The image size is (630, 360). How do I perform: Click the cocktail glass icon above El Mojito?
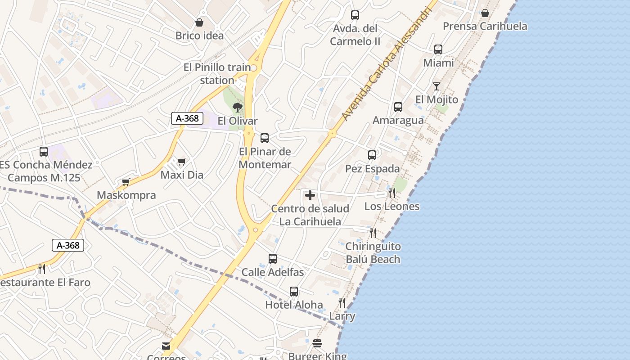436,86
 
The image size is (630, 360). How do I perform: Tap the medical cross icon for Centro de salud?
310,195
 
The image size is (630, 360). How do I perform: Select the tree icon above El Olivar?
237,108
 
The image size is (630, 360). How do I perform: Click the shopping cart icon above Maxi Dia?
181,162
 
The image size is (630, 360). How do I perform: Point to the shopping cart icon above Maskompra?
126,182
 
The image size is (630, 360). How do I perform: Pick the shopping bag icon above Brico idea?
199,22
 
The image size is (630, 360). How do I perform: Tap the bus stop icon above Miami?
438,49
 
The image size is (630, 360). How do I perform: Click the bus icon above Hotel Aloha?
294,292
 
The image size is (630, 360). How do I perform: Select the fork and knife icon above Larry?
342,302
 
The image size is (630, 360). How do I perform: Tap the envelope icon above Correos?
166,346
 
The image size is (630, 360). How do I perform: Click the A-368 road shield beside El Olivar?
187,118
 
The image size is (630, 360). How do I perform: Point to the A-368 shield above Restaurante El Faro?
68,245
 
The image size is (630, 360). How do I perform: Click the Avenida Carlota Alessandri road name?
386,64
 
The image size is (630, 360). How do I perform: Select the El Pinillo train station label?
217,74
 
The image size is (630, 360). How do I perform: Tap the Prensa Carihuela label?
485,26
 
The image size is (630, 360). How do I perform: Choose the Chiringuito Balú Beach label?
373,253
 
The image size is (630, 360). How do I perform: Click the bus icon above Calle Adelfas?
272,259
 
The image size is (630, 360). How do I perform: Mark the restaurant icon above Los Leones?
391,193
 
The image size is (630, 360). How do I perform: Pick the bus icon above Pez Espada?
372,155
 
